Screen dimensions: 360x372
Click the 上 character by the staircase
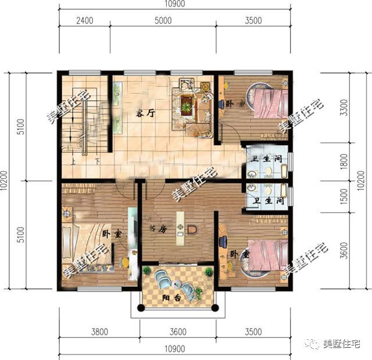74,162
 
